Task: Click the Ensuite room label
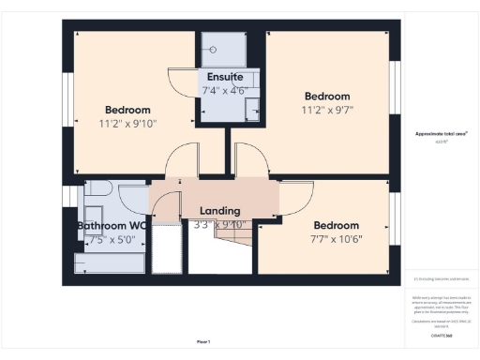pos(224,76)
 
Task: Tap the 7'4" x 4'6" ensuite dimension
pos(224,91)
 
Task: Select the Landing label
pos(220,211)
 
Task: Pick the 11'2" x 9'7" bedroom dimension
pos(327,111)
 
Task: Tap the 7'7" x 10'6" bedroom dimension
pos(337,239)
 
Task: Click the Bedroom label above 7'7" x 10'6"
pos(337,225)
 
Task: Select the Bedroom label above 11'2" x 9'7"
pos(327,97)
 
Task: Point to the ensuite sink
pos(252,111)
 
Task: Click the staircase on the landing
pos(221,248)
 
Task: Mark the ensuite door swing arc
pos(180,82)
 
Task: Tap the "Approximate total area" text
pos(442,135)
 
